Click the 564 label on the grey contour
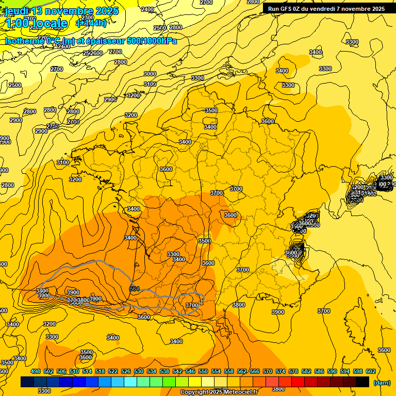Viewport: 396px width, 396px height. tap(135, 288)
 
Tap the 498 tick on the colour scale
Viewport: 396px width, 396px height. tap(36, 371)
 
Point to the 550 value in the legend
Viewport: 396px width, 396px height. tap(203, 371)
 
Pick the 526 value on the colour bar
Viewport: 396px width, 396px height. tap(126, 371)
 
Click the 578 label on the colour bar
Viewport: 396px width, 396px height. tap(293, 371)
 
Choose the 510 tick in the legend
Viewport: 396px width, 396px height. tap(74, 371)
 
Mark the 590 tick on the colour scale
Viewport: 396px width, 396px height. tap(332, 371)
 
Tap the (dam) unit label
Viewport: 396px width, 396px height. tap(381, 382)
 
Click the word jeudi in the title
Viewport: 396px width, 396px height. tap(18, 11)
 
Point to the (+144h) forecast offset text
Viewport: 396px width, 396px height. tap(91, 23)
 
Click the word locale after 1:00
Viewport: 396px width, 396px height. tap(48, 23)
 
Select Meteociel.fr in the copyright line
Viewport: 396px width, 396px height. tap(238, 392)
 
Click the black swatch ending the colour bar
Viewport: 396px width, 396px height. tap(362, 382)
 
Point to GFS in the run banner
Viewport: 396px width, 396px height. tap(287, 8)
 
